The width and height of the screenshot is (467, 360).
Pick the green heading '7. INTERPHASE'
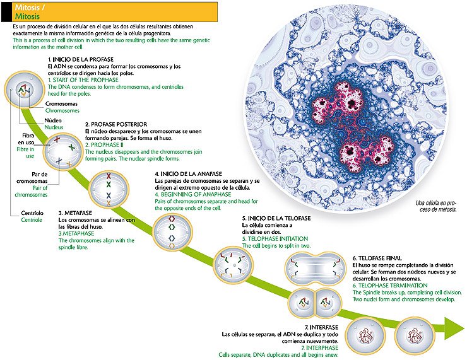(321, 348)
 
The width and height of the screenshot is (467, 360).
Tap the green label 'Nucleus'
(54, 127)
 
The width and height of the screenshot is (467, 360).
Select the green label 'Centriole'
(32, 220)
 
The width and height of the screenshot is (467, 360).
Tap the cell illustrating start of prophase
(23, 90)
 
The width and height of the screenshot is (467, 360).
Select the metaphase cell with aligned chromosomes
(109, 189)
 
